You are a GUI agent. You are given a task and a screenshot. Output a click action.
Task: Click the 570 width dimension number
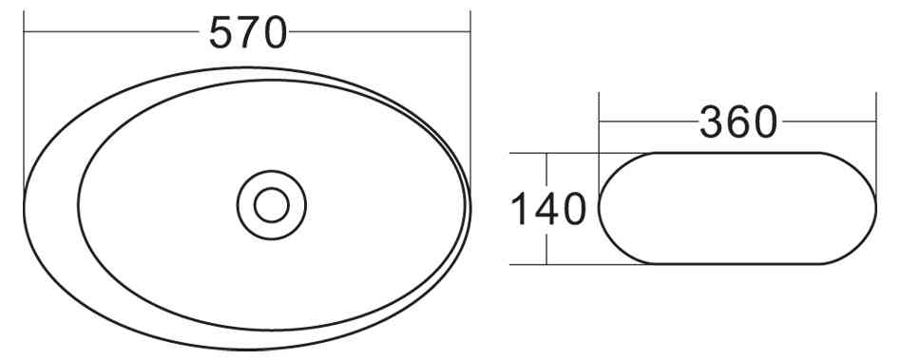pyautogui.click(x=247, y=33)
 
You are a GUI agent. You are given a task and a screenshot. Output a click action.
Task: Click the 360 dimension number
pyautogui.click(x=738, y=122)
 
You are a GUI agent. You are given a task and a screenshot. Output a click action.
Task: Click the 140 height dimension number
pyautogui.click(x=548, y=209)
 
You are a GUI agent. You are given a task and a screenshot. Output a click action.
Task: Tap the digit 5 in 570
pyautogui.click(x=220, y=33)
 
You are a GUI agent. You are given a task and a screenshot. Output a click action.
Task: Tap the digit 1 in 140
pyautogui.click(x=520, y=209)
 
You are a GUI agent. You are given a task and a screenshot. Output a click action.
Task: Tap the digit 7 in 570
pyautogui.click(x=247, y=33)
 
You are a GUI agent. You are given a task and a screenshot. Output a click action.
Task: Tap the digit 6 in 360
pyautogui.click(x=739, y=122)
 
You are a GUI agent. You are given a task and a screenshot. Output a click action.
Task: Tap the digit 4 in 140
pyautogui.click(x=548, y=209)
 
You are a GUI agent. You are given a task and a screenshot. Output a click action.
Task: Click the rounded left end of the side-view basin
pyautogui.click(x=601, y=208)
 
